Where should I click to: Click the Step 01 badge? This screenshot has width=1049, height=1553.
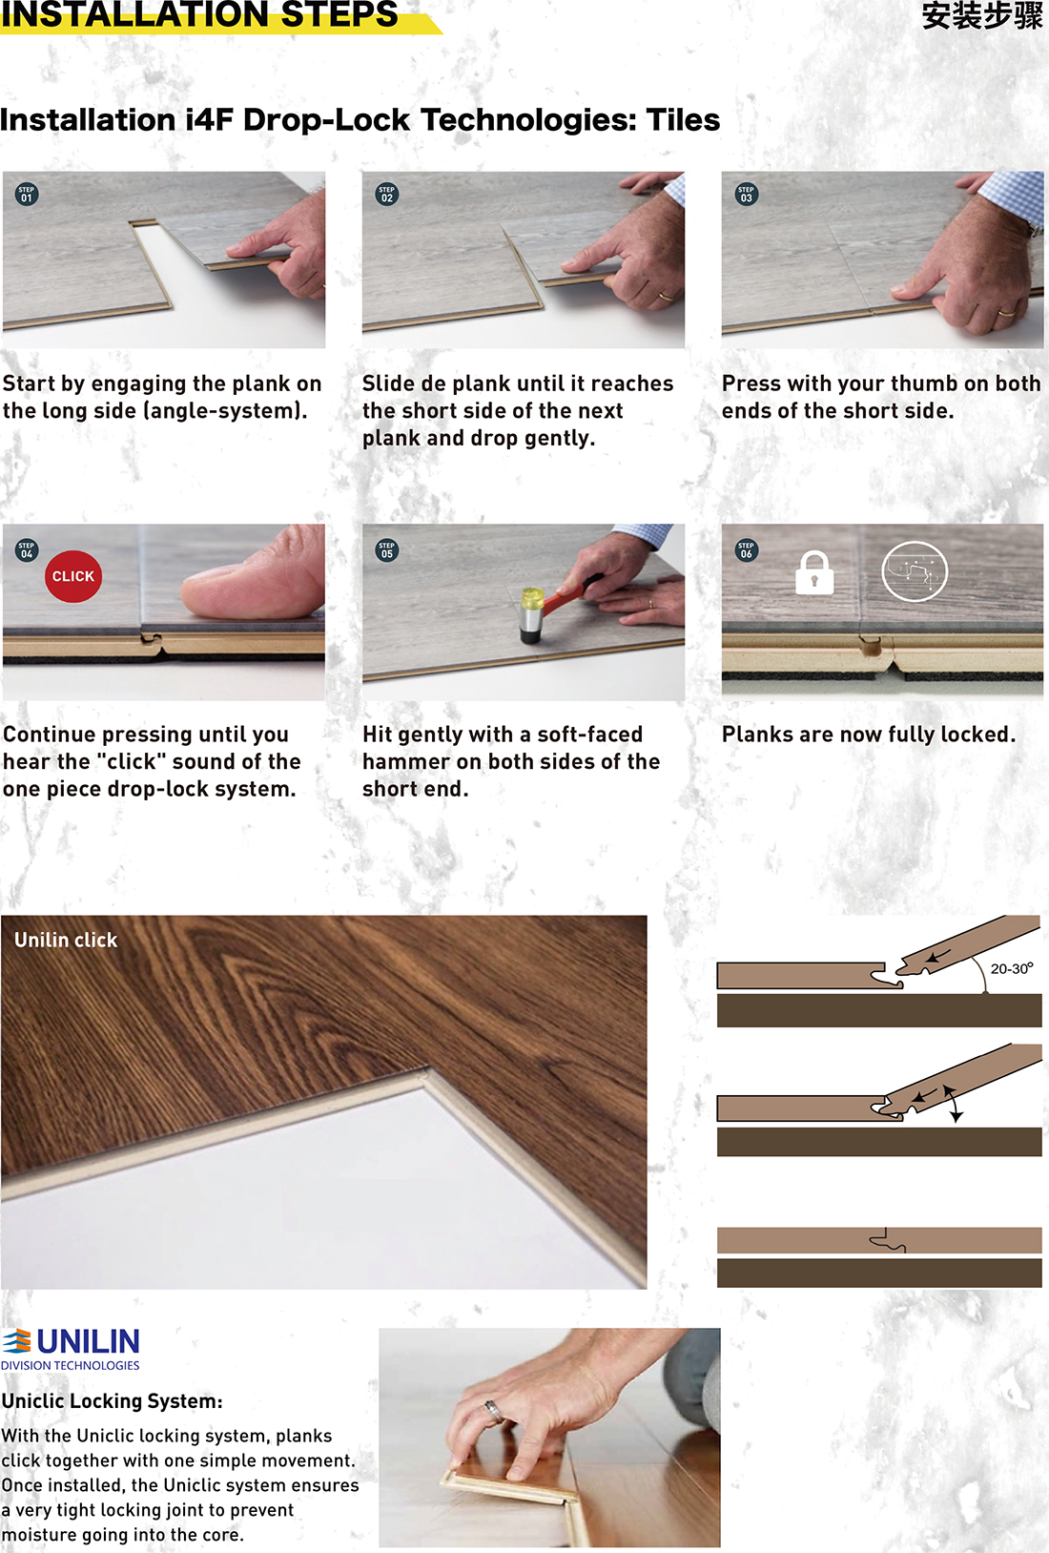(27, 195)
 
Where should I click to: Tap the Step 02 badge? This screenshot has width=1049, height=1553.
(386, 195)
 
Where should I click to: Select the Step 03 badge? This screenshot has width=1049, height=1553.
(746, 195)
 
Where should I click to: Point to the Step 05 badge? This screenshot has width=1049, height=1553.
(386, 549)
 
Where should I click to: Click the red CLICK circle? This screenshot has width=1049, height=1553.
(73, 576)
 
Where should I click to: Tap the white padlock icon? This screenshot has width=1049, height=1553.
(814, 572)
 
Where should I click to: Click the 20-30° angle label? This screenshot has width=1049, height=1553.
(1012, 968)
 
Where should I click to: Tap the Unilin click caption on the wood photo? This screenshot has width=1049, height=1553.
(66, 941)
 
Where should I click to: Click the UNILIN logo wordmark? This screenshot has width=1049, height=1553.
(88, 1342)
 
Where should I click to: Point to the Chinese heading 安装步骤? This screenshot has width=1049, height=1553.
(982, 15)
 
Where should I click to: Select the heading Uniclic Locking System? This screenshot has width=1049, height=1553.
(113, 1401)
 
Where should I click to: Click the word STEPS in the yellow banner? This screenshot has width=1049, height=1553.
(339, 14)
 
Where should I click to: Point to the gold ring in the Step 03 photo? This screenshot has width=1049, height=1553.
(1006, 313)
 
